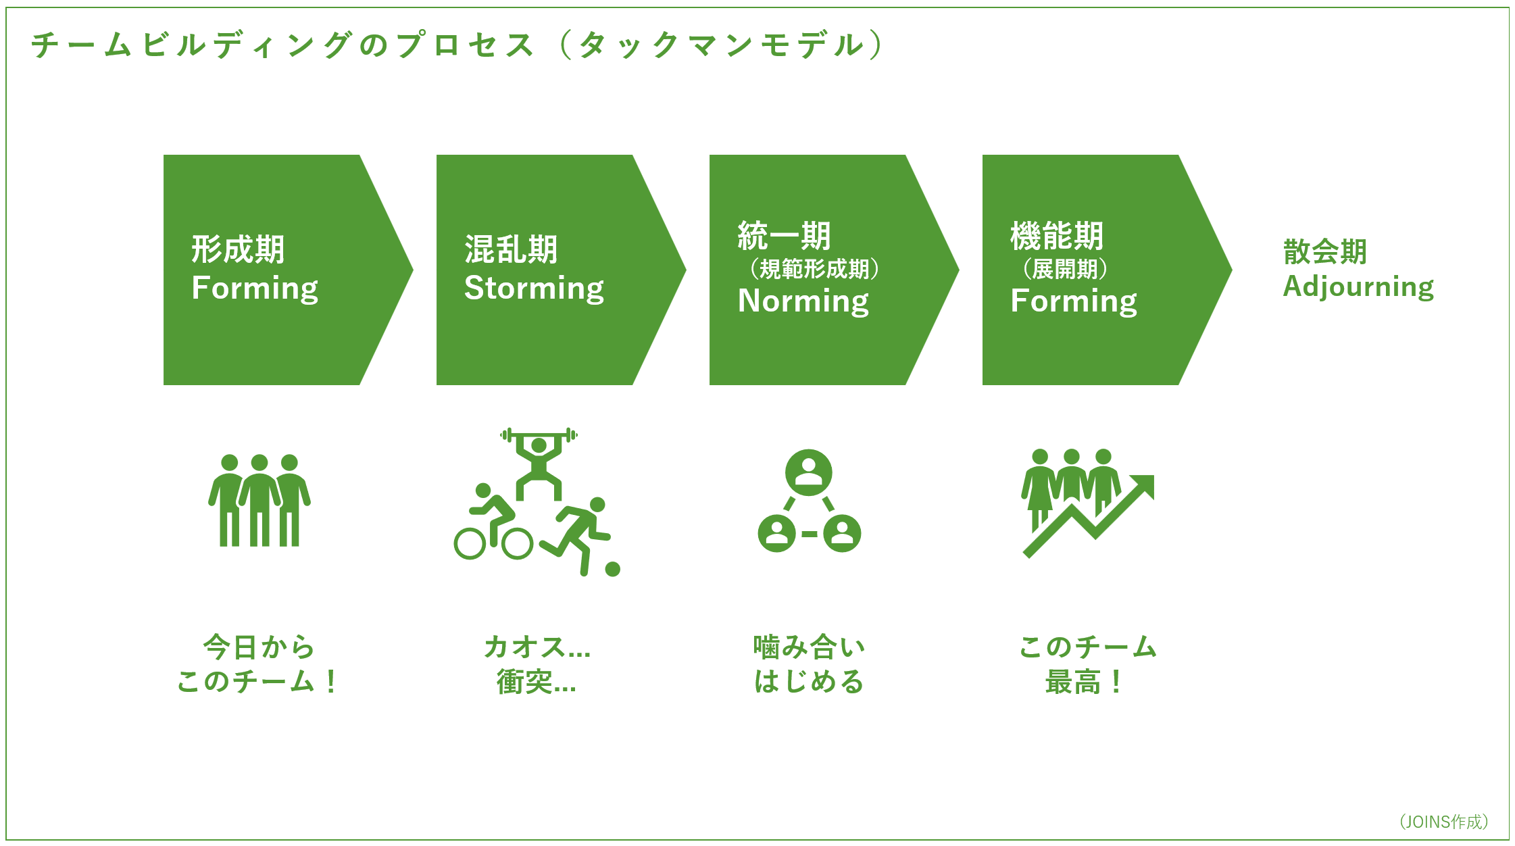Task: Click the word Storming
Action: click(x=534, y=289)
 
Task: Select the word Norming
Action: click(x=803, y=301)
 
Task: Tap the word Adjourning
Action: click(x=1358, y=287)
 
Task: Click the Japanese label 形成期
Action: click(x=238, y=249)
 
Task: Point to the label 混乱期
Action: click(x=511, y=249)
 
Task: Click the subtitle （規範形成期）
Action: click(x=814, y=269)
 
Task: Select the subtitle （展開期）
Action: click(x=1065, y=269)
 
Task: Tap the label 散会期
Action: click(x=1324, y=252)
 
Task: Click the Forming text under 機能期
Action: click(x=1073, y=301)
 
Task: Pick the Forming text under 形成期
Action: click(x=255, y=289)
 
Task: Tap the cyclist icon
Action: click(x=492, y=527)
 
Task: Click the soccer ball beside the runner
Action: click(x=613, y=570)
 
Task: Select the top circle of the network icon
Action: click(x=808, y=472)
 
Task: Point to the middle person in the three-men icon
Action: click(x=259, y=500)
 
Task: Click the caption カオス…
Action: click(x=537, y=647)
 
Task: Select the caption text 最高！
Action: click(x=1084, y=682)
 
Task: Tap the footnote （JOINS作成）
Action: click(x=1443, y=822)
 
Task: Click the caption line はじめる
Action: click(x=809, y=682)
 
